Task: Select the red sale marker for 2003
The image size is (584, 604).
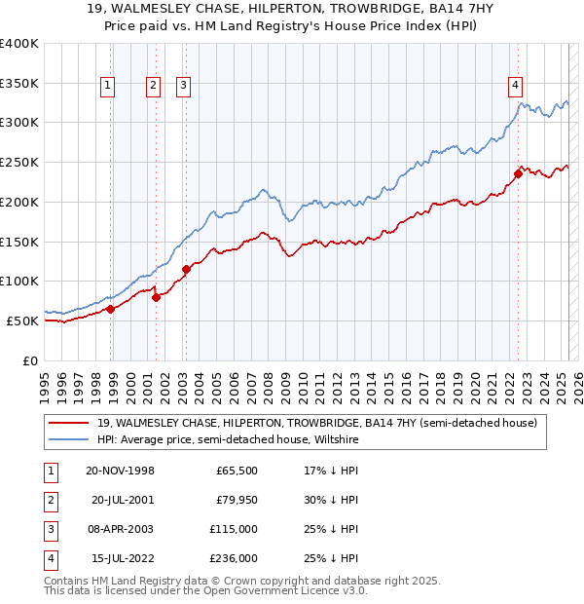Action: (x=186, y=269)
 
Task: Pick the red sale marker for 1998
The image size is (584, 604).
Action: (x=111, y=309)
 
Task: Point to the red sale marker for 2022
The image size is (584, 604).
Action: (x=518, y=174)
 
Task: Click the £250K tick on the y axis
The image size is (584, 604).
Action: (x=19, y=163)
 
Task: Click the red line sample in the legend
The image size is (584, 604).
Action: (x=69, y=423)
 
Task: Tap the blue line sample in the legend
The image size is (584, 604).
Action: (x=69, y=440)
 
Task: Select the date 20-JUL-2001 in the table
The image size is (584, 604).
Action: (x=123, y=500)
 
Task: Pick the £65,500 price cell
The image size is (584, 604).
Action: (x=237, y=471)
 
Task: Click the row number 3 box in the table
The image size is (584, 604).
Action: (x=49, y=529)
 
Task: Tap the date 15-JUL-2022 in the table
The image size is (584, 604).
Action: (x=123, y=558)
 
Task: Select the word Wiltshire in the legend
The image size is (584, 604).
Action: (x=334, y=440)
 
